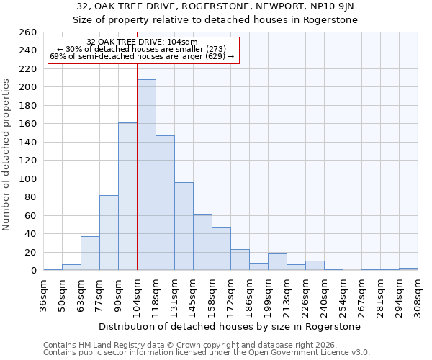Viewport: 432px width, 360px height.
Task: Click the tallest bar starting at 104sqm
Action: click(x=146, y=175)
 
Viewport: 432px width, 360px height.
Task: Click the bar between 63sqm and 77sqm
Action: click(x=90, y=253)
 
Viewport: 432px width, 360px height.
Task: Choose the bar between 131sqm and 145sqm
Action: click(x=184, y=226)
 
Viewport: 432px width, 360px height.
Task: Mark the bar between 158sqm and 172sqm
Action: click(x=221, y=248)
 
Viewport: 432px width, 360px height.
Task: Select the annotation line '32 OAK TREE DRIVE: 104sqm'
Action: click(x=142, y=42)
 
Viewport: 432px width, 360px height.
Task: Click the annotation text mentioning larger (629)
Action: click(x=142, y=57)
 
